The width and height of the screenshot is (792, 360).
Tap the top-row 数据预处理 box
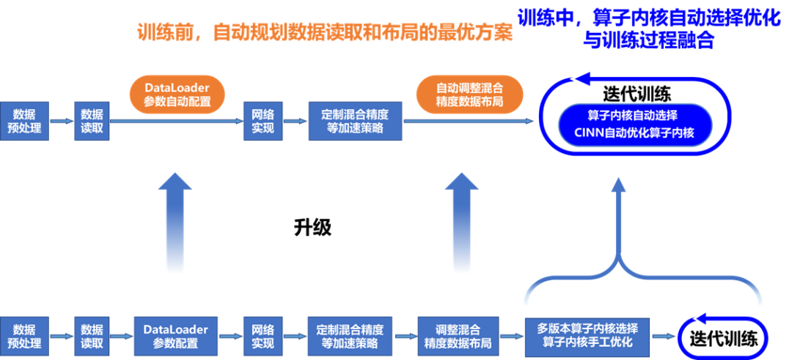25,122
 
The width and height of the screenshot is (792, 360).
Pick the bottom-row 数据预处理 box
25,337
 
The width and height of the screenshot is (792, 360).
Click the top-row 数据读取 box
92,122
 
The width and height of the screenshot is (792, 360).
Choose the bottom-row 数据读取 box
92,337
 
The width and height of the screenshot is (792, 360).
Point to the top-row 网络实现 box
263,122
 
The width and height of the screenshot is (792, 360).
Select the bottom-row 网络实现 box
263,337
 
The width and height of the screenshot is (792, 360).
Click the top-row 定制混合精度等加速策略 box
355,122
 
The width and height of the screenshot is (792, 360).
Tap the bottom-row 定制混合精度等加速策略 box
355,337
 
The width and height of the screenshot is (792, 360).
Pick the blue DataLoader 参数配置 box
176,337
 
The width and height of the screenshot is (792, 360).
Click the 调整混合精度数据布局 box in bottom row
458,337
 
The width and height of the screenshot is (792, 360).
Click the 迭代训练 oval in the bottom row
723,338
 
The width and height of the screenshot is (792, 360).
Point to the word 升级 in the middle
313,227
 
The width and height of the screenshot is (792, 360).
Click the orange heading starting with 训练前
324,34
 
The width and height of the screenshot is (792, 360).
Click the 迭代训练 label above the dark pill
637,94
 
